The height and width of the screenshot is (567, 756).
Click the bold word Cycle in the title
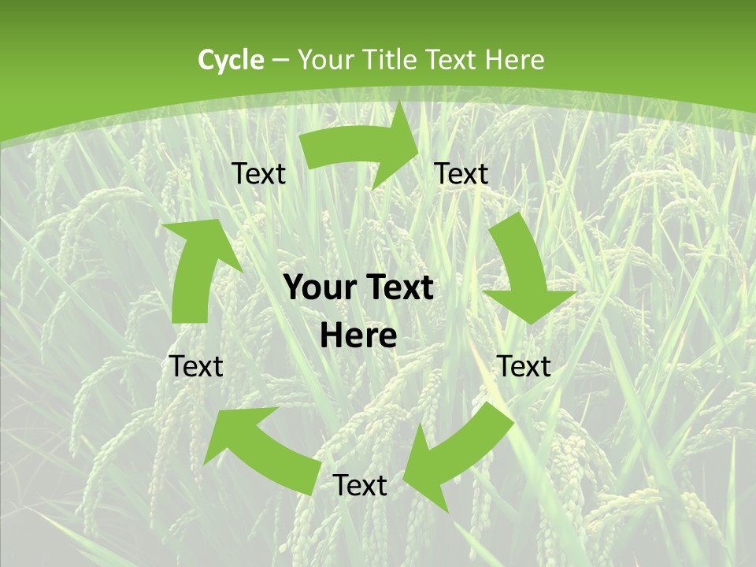click(231, 60)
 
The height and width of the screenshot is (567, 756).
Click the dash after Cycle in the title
click(280, 61)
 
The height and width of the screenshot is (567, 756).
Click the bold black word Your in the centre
click(318, 288)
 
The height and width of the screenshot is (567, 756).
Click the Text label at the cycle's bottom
click(360, 486)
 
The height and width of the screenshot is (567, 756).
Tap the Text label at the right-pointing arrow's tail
click(259, 174)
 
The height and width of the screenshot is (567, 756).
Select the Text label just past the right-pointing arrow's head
click(461, 174)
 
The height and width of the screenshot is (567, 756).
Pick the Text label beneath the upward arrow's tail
click(197, 366)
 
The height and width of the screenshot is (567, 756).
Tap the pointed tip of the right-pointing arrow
click(418, 153)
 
